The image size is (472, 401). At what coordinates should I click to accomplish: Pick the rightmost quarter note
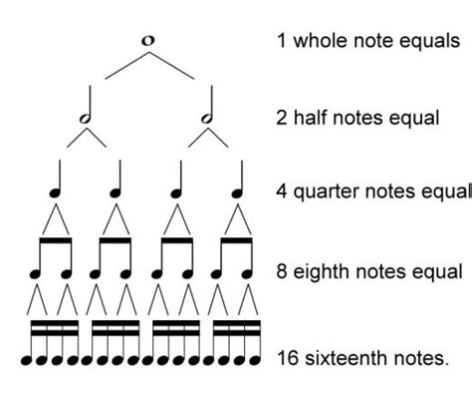[238, 183]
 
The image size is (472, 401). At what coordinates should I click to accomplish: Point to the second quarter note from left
[117, 183]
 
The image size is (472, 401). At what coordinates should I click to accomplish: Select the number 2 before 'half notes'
[283, 118]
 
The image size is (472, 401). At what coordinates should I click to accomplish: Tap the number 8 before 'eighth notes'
[283, 270]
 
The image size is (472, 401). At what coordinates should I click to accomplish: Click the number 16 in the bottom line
[287, 356]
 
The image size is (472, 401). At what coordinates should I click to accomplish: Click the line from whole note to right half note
[172, 66]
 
